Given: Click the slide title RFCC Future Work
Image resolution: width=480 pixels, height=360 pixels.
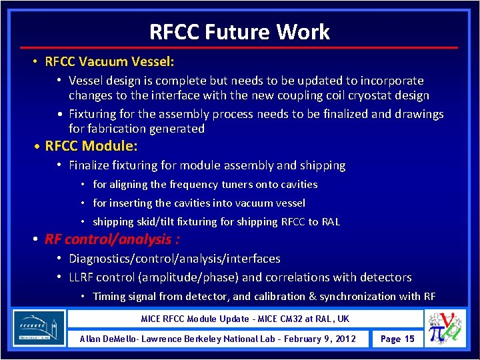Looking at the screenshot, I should point(239,31).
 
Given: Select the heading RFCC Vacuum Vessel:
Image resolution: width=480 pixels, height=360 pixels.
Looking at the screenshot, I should point(109,62).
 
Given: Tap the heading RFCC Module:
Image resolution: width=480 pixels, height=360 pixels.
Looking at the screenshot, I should point(91,145).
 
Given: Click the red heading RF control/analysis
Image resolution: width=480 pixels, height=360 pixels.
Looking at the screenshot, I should point(111,239).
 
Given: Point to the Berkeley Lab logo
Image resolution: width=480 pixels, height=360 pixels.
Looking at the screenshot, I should point(39,327).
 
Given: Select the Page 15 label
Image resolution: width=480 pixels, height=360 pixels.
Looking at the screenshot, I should point(397,339).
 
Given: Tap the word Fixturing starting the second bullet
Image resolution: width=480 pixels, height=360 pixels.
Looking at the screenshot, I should point(93,114).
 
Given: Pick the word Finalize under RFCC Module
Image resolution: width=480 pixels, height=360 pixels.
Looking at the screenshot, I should point(90,165).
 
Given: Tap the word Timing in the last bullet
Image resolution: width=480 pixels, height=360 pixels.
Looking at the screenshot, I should point(109,296).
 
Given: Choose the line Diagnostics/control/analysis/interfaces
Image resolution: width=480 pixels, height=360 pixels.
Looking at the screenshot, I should point(175,258).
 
